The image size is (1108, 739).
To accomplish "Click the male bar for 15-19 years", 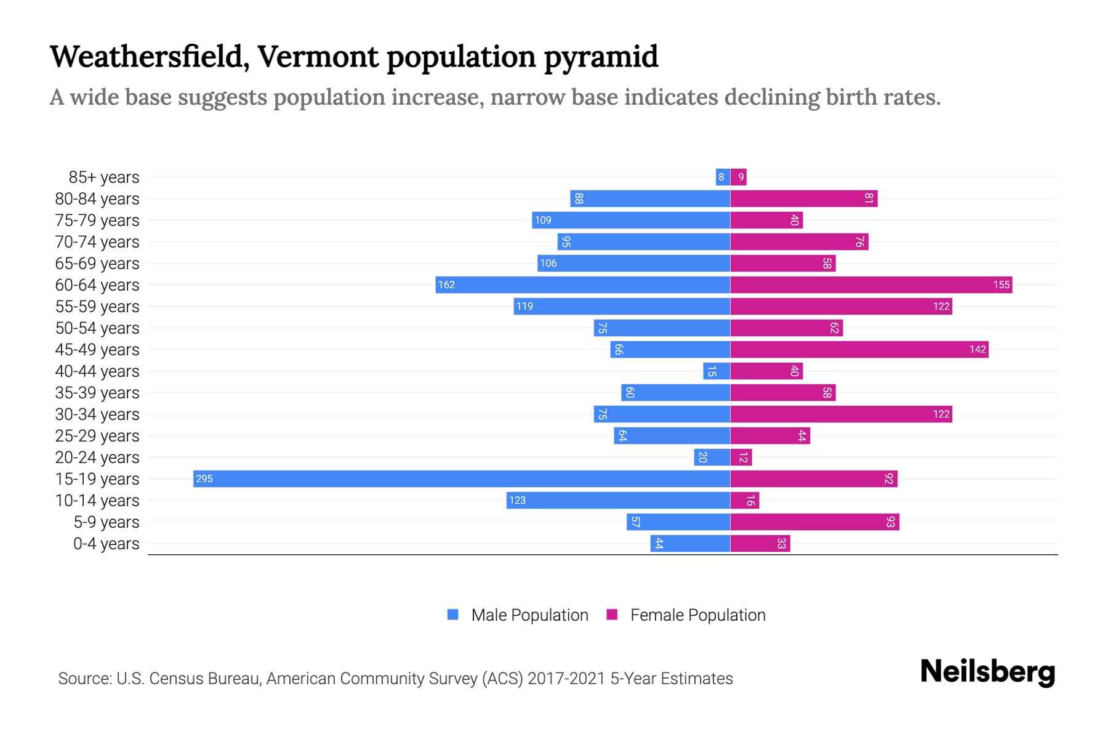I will pos(462,479).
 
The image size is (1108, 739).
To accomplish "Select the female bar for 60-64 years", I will pos(871,285).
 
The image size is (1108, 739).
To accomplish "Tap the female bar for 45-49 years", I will pos(859,349).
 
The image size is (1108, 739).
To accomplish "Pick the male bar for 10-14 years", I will pos(618,500).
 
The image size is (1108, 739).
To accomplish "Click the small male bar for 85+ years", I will pos(723,177).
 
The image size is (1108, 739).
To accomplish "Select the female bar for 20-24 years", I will pos(741,457).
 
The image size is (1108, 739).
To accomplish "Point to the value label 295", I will pos(204,479).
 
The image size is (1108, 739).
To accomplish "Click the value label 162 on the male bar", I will pos(446,285).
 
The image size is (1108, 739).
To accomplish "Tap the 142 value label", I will pos(978,349).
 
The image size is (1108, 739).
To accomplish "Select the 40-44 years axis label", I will pos(97,371).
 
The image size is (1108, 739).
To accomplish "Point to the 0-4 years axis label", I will pos(106,543).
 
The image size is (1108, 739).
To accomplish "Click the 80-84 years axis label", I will pos(97,198).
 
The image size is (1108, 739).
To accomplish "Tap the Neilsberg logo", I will pos(987,672).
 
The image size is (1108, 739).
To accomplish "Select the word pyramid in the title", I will pos(601,57).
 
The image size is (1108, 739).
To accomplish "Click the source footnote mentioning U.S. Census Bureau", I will pos(395,678).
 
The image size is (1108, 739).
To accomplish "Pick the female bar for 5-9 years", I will pos(814,522).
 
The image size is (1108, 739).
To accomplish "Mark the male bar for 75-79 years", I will pos(631,220).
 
